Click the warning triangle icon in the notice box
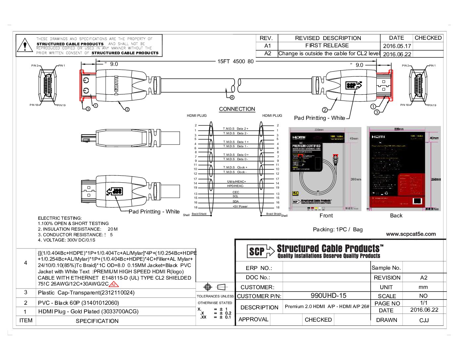coord(25,45)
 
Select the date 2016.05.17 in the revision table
coord(397,46)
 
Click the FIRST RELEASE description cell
coord(327,45)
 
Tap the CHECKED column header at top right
coord(428,38)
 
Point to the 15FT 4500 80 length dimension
coord(235,61)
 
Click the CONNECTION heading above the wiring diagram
coord(237,109)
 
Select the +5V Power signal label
coord(240,206)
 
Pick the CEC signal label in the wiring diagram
coord(236,192)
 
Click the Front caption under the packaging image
coord(326,215)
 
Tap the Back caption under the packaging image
coord(396,215)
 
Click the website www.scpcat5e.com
coord(411,234)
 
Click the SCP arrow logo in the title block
coord(260,251)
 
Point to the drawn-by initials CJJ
coord(424,320)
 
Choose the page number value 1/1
coord(424,303)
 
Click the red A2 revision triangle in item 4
coord(114,284)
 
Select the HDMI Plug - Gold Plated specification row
coord(88,311)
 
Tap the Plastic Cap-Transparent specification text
coord(86,292)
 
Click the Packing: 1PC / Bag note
coord(338,229)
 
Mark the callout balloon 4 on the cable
coord(232,97)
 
